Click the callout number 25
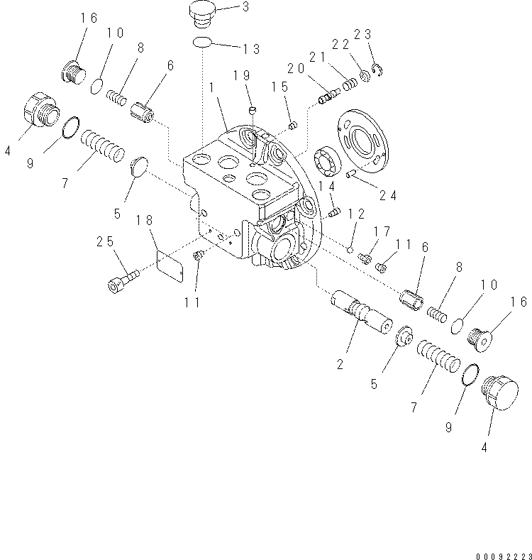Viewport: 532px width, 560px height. pyautogui.click(x=106, y=243)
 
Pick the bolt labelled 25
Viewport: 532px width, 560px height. pyautogui.click(x=122, y=280)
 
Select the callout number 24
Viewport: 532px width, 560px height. pyautogui.click(x=388, y=194)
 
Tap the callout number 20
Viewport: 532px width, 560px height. pyautogui.click(x=297, y=68)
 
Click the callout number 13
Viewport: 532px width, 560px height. pyautogui.click(x=248, y=50)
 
